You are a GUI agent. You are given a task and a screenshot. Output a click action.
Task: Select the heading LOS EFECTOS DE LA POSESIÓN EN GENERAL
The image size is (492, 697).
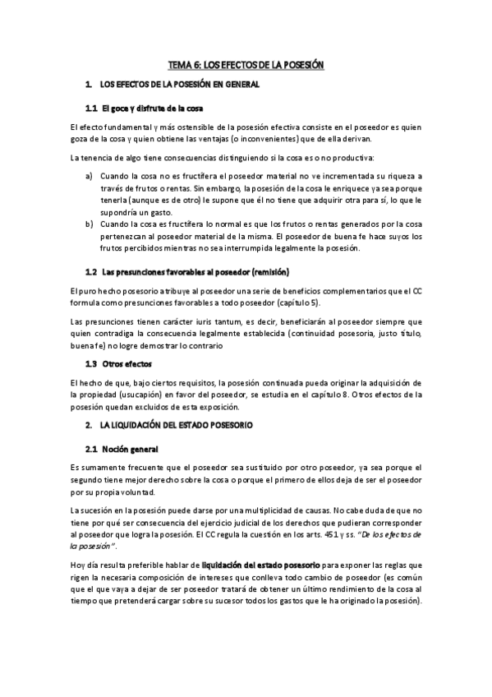tap(179, 85)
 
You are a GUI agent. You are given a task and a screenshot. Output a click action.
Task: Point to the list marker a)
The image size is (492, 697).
tap(89, 176)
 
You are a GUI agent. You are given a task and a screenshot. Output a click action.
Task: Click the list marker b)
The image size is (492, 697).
tap(89, 224)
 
